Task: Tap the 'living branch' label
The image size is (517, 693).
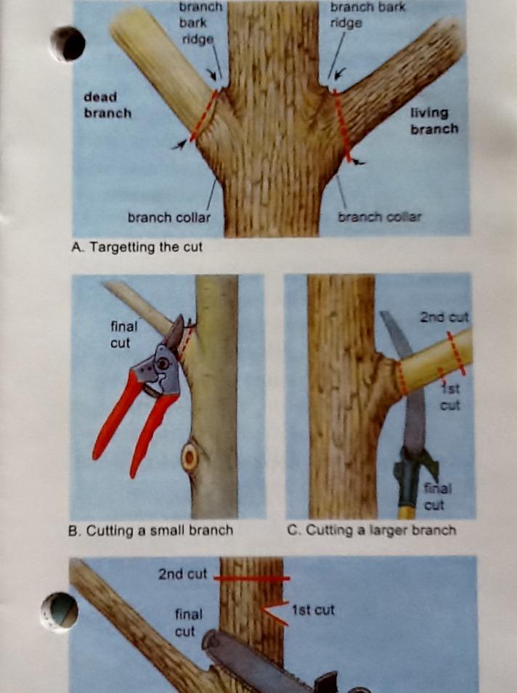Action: point(434,121)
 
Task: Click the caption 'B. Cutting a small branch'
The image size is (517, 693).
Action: point(150,530)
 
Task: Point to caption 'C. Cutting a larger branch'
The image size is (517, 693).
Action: point(371,530)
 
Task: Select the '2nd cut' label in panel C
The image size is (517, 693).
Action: point(444,317)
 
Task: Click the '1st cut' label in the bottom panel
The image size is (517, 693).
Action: point(313,610)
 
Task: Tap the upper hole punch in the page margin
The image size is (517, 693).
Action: point(67,44)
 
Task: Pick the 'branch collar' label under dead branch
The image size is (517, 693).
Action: point(169,217)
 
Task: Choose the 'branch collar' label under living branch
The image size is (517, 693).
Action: point(379,217)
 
